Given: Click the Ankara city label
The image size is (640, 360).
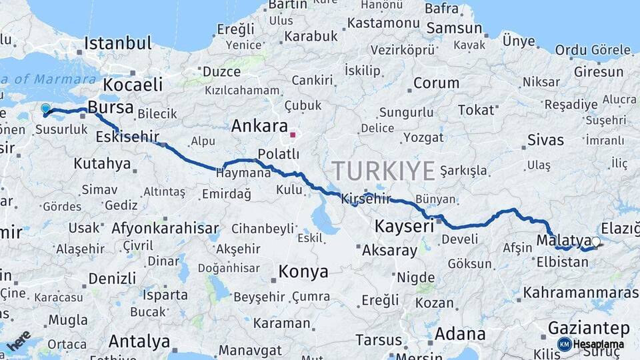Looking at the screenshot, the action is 259,126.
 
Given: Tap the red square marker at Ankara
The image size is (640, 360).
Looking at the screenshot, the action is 292,135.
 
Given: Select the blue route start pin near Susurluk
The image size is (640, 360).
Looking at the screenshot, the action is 45,108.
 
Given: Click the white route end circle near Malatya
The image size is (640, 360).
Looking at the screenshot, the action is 595,243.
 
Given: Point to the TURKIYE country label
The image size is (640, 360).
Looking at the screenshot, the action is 383,171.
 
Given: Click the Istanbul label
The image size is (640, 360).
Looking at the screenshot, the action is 117,44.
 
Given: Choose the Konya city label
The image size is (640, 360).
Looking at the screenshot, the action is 303,272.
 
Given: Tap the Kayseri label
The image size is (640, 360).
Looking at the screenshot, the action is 404,226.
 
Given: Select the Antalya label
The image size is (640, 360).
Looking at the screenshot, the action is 139,341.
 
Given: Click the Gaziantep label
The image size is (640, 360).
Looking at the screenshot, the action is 589,328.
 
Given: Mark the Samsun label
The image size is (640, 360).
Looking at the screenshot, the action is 454,28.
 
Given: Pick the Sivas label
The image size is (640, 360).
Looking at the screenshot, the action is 545,140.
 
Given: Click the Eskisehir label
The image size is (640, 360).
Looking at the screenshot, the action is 127,137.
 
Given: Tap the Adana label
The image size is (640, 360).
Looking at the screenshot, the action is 460,333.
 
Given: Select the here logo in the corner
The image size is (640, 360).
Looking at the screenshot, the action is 18,340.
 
